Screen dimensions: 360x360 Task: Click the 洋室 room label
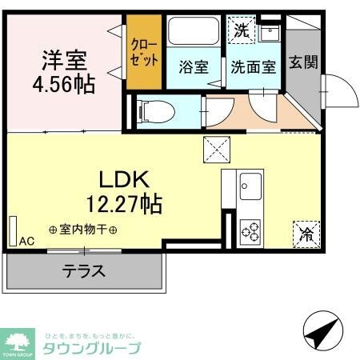point(66,60)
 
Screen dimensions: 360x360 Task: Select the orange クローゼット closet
point(145,54)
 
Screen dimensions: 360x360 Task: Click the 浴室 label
point(193,67)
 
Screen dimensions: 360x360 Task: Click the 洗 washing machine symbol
point(241,31)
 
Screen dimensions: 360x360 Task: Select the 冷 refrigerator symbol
point(306,234)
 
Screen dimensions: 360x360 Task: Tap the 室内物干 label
point(84,230)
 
